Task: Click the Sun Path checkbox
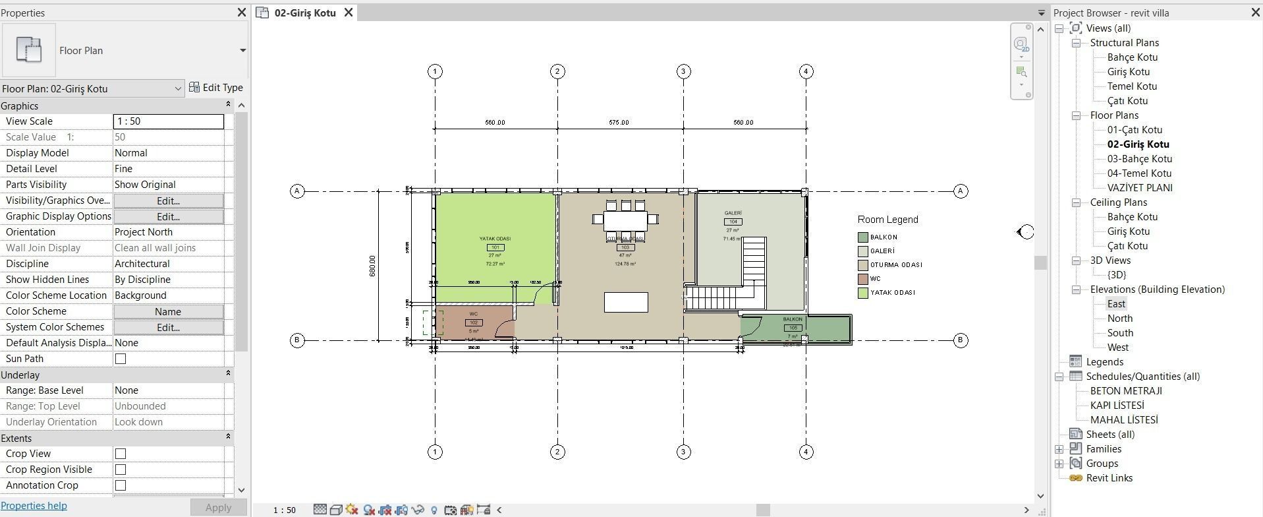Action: click(x=121, y=359)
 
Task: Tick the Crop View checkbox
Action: click(x=121, y=454)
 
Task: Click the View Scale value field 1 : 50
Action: click(x=168, y=121)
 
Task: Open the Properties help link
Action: click(x=34, y=506)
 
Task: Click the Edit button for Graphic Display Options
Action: click(x=168, y=216)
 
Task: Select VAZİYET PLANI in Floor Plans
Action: click(x=1139, y=188)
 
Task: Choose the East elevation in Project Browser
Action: click(x=1116, y=304)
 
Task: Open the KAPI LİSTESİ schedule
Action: click(x=1117, y=406)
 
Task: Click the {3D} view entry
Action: click(x=1116, y=275)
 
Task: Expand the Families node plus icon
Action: click(x=1059, y=449)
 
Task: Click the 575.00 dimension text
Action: click(x=619, y=123)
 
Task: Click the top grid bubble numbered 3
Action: click(x=683, y=71)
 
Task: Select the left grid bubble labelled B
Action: click(x=297, y=340)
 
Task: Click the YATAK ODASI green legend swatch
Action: click(x=862, y=293)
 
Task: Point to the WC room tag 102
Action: click(x=474, y=322)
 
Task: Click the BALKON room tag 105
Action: click(x=793, y=328)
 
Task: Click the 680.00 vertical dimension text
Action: click(x=372, y=266)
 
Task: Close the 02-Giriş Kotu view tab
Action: click(x=349, y=13)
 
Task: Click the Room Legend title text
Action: click(x=887, y=220)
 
